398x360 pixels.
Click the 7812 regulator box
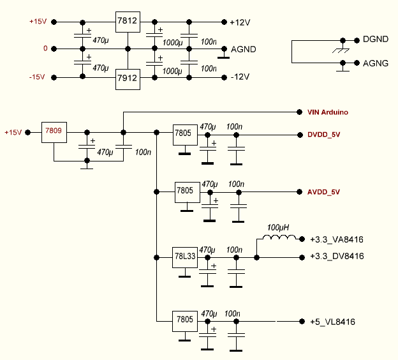pos(127,21)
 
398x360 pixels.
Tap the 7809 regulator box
pos(54,131)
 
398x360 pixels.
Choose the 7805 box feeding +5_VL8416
pos(186,320)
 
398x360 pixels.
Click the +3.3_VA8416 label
pos(336,240)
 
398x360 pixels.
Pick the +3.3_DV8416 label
pos(336,257)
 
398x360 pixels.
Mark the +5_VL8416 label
pos(332,321)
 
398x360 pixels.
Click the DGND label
pos(375,40)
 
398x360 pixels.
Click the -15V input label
pos(37,77)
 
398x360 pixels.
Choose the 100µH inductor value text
pos(277,227)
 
